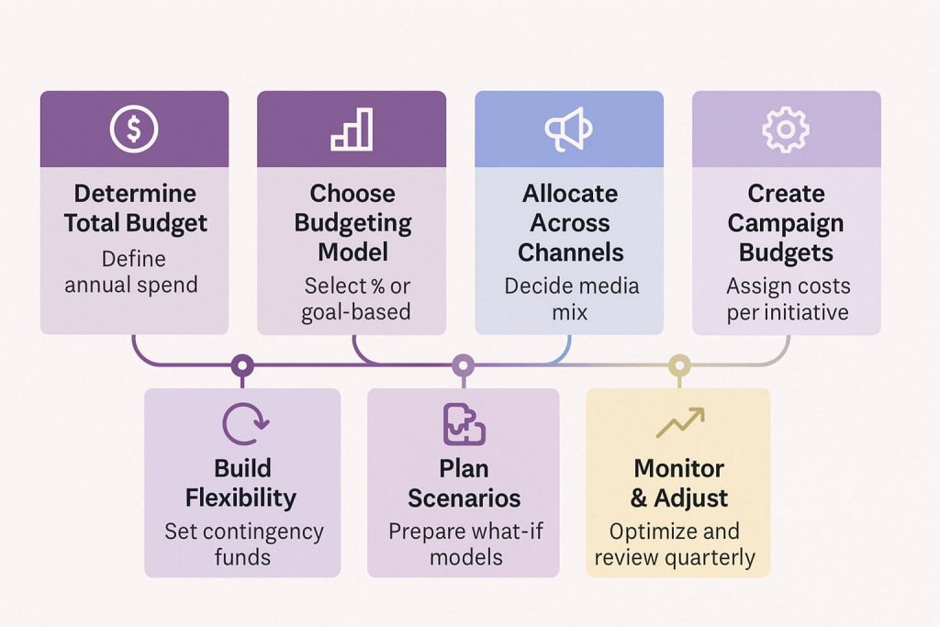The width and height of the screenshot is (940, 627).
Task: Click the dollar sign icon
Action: (134, 129)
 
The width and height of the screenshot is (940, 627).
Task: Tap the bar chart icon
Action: (352, 129)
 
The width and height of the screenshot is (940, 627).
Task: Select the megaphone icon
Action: (568, 129)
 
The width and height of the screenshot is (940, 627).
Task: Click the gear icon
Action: (786, 129)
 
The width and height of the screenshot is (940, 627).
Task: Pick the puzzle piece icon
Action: (464, 423)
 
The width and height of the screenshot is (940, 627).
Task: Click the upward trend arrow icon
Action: (679, 423)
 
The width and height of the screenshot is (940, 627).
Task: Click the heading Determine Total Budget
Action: (135, 208)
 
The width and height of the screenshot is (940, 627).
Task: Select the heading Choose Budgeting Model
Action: (352, 222)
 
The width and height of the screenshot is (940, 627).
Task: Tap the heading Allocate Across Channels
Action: (569, 222)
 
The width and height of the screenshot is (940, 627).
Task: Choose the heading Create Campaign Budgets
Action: (786, 222)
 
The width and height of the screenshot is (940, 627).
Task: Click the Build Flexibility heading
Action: (241, 483)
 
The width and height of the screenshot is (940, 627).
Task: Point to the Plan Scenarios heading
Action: (464, 483)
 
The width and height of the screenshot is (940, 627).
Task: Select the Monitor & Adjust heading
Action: (678, 483)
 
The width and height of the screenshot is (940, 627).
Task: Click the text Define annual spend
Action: (135, 271)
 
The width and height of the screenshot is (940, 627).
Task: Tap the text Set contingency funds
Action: (242, 543)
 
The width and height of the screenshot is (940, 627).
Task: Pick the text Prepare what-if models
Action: (464, 543)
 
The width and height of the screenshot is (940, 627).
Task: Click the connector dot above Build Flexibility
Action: (241, 366)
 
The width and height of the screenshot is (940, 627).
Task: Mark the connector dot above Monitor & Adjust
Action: (678, 366)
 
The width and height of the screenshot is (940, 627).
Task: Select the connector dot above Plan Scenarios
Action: (464, 366)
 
